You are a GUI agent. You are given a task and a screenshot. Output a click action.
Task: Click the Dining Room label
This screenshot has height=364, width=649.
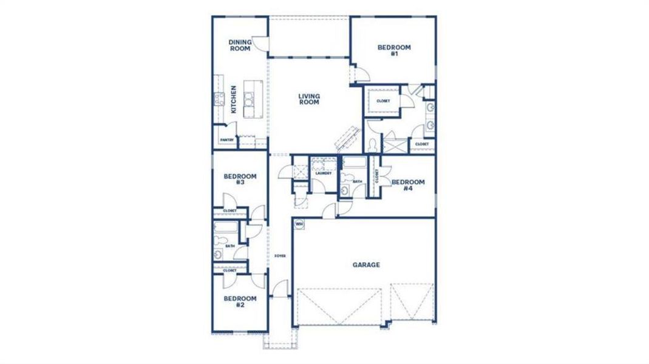click(x=240, y=45)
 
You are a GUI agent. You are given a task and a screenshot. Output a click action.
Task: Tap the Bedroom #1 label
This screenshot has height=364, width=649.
click(x=394, y=50)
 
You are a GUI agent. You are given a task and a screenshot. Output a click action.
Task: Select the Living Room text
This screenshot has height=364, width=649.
click(x=309, y=99)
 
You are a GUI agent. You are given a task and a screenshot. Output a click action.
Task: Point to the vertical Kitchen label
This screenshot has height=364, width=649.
click(x=234, y=99)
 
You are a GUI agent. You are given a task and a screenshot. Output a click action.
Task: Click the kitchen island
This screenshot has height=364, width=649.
click(x=250, y=98)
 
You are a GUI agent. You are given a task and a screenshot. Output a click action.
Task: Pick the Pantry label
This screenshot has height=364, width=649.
click(x=227, y=140)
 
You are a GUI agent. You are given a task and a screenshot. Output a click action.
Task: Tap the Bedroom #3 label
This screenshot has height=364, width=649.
click(x=240, y=180)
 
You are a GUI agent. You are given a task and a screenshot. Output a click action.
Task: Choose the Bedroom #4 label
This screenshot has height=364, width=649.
click(x=407, y=185)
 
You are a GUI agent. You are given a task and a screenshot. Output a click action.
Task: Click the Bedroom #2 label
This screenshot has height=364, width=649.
click(x=240, y=302)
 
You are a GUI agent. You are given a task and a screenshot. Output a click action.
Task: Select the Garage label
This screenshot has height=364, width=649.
click(x=366, y=265)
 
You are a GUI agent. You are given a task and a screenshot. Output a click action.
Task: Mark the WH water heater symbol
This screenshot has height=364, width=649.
click(x=299, y=224)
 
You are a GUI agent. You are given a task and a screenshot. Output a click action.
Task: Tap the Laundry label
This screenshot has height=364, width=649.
click(x=322, y=174)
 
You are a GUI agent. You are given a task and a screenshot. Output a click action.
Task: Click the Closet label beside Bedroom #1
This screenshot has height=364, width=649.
click(x=383, y=101)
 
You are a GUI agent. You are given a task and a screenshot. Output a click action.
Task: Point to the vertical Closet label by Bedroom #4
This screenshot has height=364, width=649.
click(x=376, y=176)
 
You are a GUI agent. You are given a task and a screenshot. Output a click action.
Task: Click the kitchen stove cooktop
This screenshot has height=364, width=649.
click(x=217, y=98)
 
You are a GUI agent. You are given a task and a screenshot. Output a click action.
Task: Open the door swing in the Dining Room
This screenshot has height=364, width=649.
click(x=260, y=44)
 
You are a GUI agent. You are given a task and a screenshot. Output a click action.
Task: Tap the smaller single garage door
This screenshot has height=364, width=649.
click(x=412, y=304)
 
